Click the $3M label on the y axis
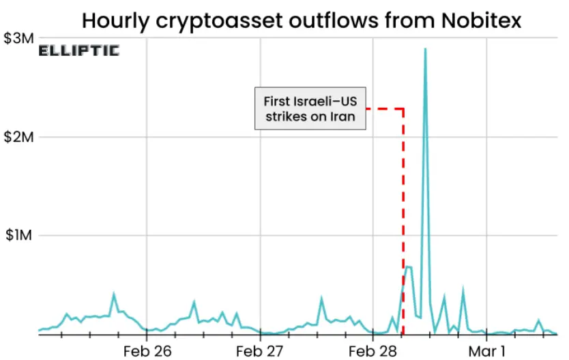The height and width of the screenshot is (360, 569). point(18,39)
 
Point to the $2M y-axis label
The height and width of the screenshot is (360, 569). point(18,137)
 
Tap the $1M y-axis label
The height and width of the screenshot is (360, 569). point(18,236)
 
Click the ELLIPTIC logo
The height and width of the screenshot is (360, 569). point(78,50)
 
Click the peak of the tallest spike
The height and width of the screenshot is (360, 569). point(425,49)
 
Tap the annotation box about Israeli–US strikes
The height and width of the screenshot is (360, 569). point(310,108)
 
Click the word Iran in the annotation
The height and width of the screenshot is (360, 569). point(342,116)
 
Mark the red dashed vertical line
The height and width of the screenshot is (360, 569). point(403,225)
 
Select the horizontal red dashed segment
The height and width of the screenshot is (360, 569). point(384,108)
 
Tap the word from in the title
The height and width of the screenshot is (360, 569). point(407,20)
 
